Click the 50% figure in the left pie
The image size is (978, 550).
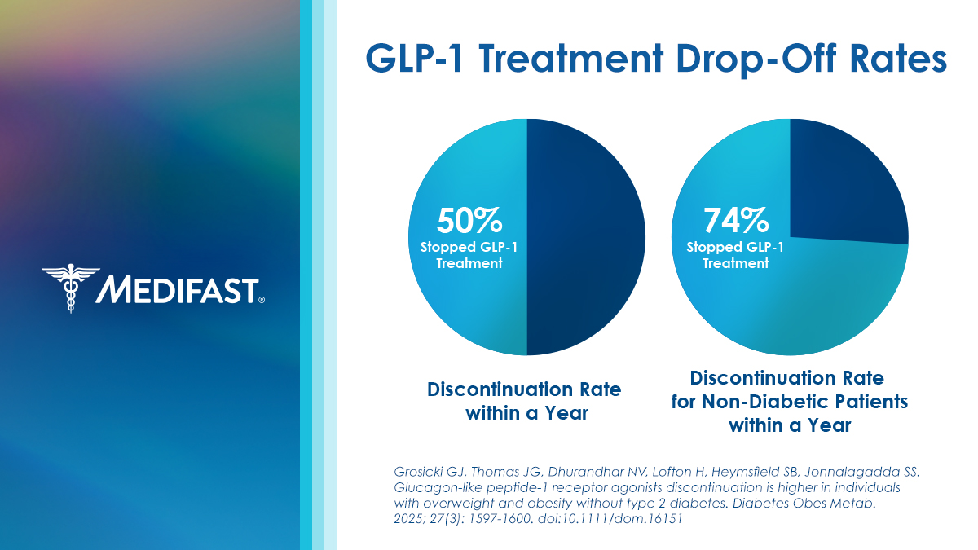click(x=469, y=220)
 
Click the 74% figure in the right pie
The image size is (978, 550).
click(x=736, y=220)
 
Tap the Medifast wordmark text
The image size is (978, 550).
click(x=178, y=289)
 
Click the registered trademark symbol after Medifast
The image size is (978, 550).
click(x=262, y=300)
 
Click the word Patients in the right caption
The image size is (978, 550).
click(x=874, y=403)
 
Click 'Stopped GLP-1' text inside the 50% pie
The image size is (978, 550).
click(x=469, y=248)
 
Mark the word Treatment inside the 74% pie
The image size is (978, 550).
click(x=736, y=264)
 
